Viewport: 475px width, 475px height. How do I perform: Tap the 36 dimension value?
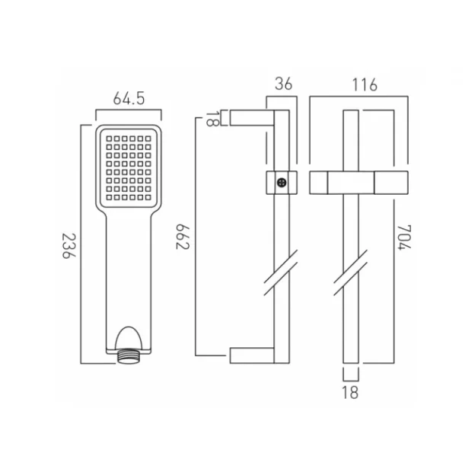(283, 84)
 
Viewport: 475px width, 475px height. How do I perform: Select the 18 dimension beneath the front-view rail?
(350, 393)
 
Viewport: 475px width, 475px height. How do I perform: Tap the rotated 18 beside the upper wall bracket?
(212, 118)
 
